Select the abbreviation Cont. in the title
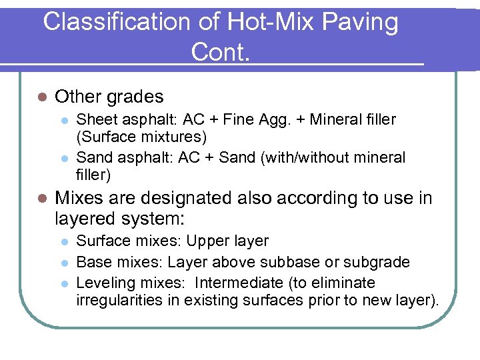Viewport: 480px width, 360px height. pos(220,51)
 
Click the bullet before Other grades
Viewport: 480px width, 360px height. pos(41,97)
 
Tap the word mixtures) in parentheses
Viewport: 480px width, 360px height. pos(179,137)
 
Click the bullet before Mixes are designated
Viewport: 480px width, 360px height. pos(41,199)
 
